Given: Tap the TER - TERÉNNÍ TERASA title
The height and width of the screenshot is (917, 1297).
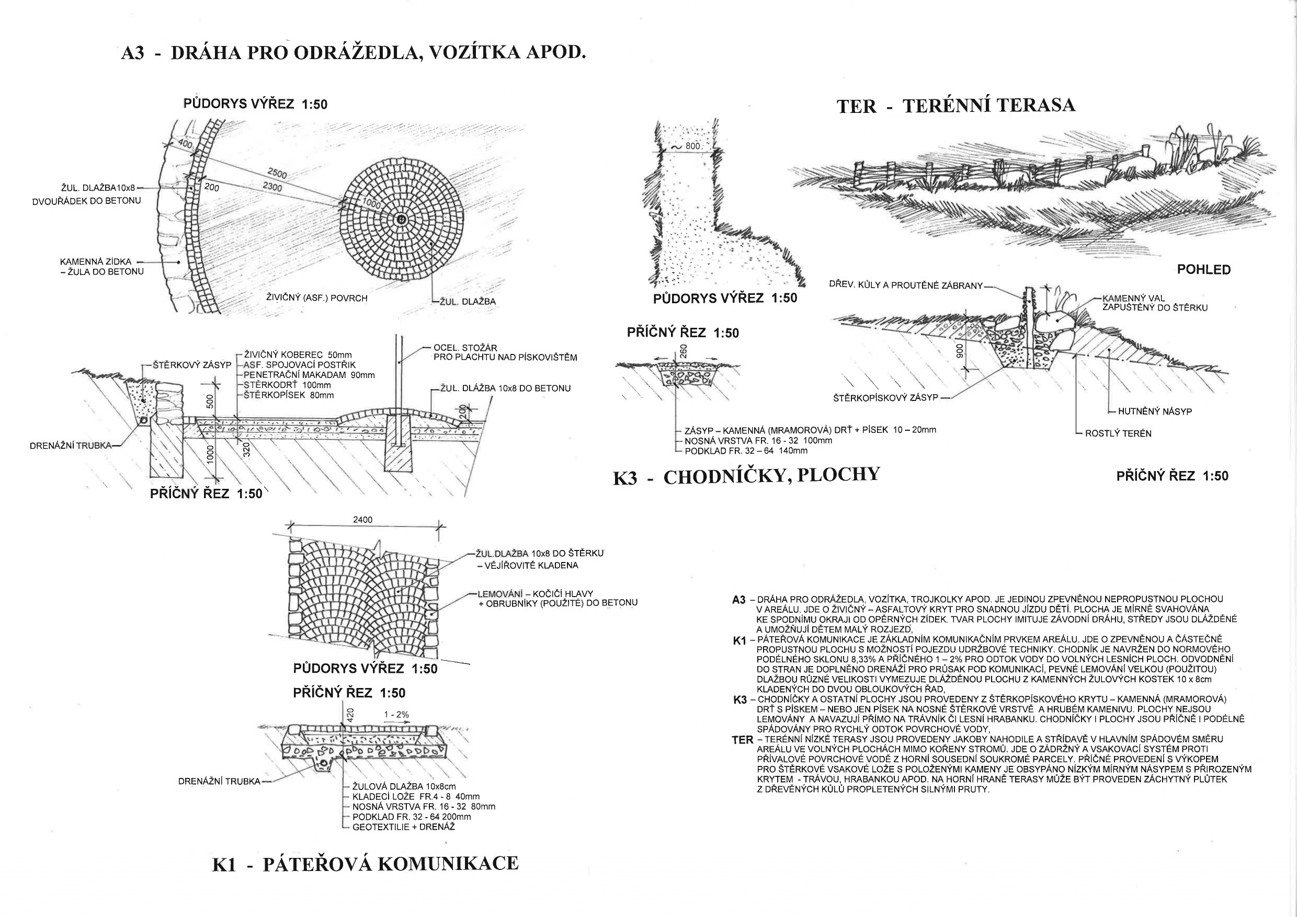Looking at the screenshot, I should coord(956,106).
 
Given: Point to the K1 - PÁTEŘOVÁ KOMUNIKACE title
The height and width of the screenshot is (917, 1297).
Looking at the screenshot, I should coord(365,864).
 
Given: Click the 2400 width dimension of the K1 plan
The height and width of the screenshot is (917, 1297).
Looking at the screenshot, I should coord(362,520).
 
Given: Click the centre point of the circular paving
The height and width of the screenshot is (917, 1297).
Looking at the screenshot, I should coord(401,220).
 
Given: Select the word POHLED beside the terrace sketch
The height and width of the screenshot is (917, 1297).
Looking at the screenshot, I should coord(1203,270).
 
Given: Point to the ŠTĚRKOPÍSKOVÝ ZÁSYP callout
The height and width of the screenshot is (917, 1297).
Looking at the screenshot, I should coord(885,398).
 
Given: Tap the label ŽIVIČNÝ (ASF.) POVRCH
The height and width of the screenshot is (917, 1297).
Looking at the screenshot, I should coord(316,298).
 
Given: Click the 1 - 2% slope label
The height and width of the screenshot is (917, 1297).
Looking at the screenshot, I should coord(396,715).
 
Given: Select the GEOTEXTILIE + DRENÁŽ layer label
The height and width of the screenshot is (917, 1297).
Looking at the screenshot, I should coord(403,827).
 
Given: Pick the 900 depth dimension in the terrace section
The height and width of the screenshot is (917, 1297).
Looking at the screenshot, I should coord(959,351).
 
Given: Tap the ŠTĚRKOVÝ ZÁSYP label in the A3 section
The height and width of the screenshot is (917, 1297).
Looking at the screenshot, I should coord(192,365).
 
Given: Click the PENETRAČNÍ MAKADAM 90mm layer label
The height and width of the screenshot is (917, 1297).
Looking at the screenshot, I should coord(309,375).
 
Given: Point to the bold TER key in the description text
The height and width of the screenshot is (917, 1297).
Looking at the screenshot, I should coord(742,740).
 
